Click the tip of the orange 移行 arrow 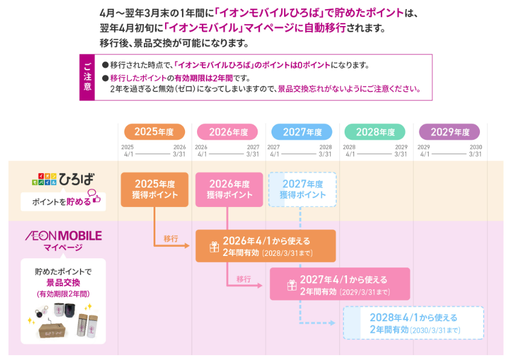[190, 246]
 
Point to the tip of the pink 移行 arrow [262, 286]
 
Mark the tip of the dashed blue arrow [335, 323]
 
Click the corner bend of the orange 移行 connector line [155, 246]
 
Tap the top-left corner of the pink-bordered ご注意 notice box [80, 54]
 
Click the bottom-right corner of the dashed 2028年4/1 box [484, 339]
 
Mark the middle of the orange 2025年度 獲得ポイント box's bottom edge [155, 207]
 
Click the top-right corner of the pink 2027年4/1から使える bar [410, 268]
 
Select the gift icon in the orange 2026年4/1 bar [214, 247]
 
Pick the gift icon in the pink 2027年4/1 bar [291, 285]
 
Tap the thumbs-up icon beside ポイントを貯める [97, 199]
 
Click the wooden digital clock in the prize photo [52, 330]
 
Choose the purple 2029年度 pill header [449, 132]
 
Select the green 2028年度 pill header [375, 132]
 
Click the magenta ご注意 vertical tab [87, 77]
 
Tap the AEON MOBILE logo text [63, 236]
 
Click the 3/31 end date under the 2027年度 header [325, 154]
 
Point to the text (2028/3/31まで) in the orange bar [288, 254]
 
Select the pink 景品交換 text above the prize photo [63, 283]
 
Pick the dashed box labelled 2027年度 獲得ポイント [302, 189]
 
